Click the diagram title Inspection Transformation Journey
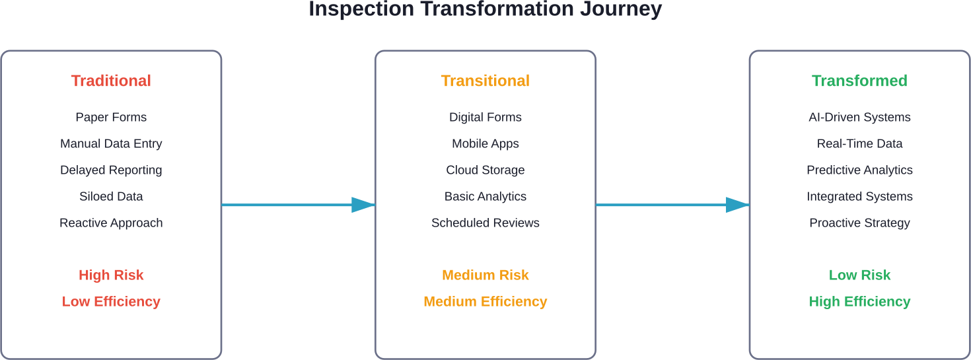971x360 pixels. (485, 10)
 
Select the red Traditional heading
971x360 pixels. (111, 81)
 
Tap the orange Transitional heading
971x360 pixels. (485, 81)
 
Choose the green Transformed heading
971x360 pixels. (859, 81)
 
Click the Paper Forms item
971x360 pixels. (111, 117)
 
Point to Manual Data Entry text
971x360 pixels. (111, 143)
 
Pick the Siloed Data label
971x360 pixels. (111, 196)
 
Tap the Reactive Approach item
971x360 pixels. (111, 223)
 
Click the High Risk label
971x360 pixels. (111, 275)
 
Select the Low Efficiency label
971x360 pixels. (111, 301)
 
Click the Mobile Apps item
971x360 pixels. (485, 143)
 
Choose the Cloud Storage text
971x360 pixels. (485, 170)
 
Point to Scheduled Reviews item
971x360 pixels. (485, 223)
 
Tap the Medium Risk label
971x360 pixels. (485, 275)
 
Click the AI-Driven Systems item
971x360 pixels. (859, 117)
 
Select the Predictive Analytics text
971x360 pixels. (859, 170)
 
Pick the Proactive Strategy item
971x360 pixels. (859, 223)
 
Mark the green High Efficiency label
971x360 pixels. (859, 301)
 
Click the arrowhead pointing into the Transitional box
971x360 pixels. (363, 205)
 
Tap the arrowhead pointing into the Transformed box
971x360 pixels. (737, 205)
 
